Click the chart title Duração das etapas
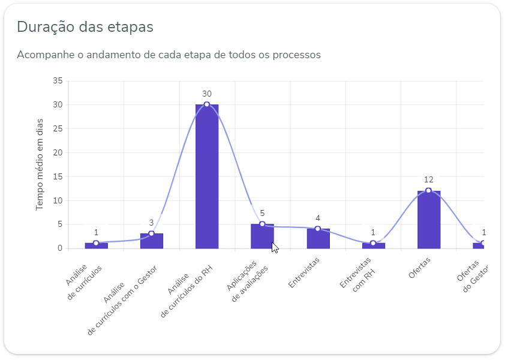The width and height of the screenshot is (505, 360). (85, 27)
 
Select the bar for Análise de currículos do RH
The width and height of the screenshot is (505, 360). (207, 177)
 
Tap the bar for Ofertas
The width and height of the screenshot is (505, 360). (428, 220)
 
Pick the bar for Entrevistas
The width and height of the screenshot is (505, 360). (318, 239)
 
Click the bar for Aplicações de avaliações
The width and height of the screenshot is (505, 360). (262, 236)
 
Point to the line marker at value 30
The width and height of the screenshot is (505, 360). (207, 104)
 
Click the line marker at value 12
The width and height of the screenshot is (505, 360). (428, 191)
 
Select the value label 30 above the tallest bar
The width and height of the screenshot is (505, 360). (207, 94)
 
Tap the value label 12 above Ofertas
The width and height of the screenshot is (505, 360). (428, 179)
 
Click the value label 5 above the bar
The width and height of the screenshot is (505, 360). (262, 213)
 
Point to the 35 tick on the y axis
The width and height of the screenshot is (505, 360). (58, 81)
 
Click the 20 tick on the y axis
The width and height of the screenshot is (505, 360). (58, 152)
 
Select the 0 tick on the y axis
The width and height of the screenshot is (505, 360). (60, 248)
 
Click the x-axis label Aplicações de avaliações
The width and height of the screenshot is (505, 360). (248, 277)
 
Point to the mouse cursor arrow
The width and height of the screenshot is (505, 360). (274, 247)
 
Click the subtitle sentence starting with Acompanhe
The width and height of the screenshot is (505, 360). (169, 55)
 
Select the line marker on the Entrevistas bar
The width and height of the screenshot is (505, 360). (318, 229)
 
